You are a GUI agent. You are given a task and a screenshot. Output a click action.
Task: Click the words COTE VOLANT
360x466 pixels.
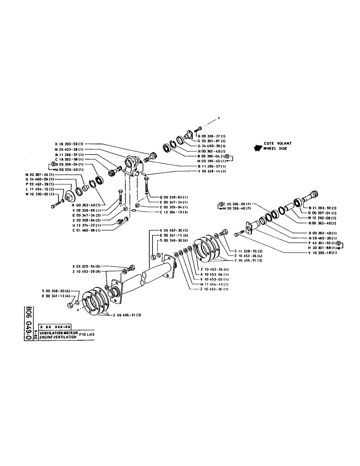pyautogui.click(x=275, y=144)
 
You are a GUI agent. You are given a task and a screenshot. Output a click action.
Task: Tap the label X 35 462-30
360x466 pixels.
pyautogui.click(x=174, y=231)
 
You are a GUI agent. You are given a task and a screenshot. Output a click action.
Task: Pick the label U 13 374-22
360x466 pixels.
pyautogui.click(x=87, y=224)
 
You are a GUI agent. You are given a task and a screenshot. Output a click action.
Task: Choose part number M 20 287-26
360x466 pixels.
pyautogui.click(x=40, y=174)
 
